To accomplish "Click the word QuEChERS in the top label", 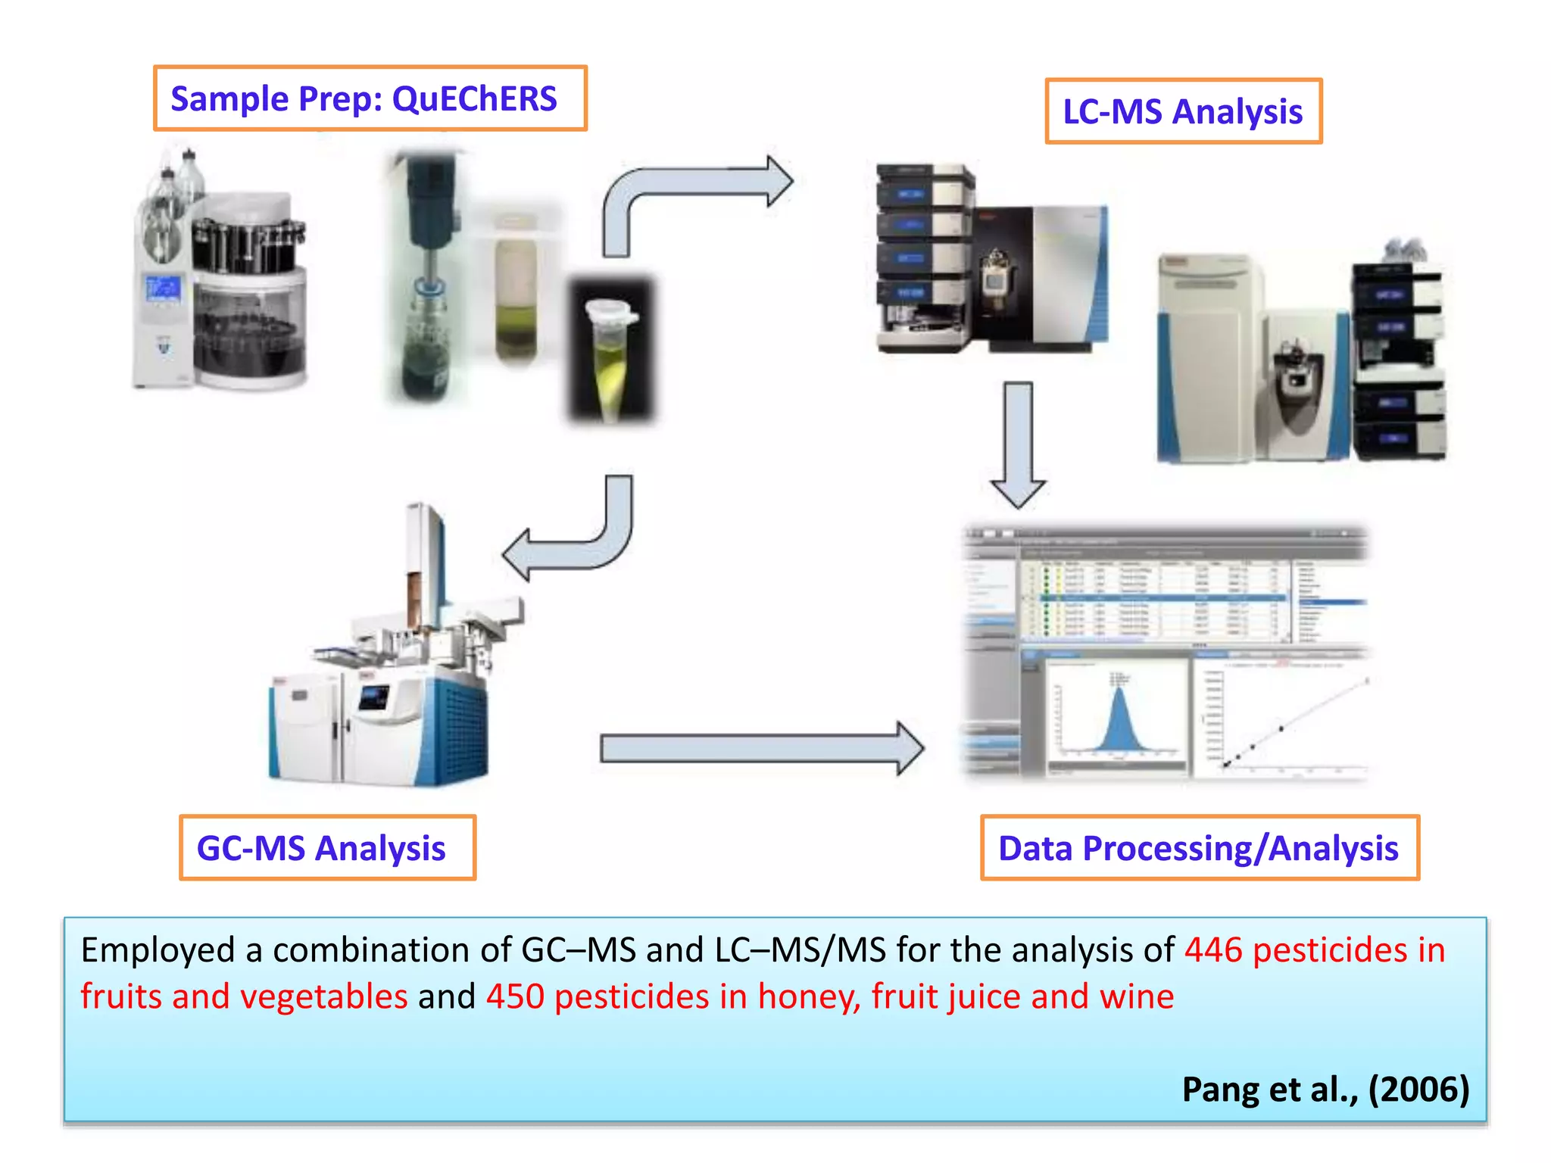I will click(474, 99).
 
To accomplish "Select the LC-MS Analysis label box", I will click(1182, 111).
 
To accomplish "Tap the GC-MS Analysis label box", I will click(327, 847).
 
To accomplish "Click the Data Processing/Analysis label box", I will click(1199, 847).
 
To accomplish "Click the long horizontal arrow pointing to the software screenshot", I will click(757, 748).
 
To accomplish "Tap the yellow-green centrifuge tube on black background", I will click(610, 352).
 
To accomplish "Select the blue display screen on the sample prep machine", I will click(163, 288).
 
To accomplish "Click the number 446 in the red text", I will click(1213, 949).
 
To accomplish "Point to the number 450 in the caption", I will click(514, 996).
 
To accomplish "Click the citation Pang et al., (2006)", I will click(1325, 1090).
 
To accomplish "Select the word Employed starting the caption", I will click(158, 950).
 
